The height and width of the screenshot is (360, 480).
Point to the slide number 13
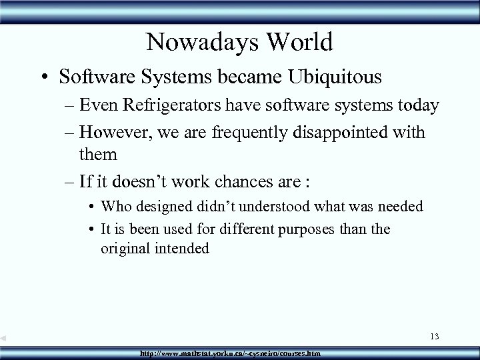(x=434, y=336)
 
